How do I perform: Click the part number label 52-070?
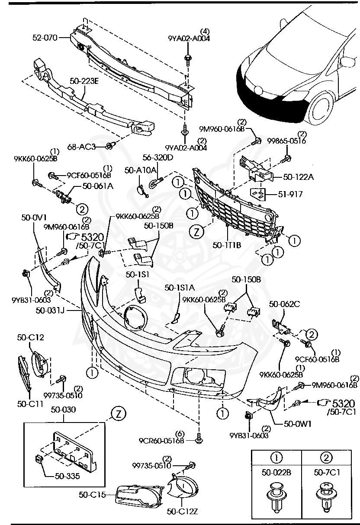point(45,38)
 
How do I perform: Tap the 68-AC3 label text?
point(81,147)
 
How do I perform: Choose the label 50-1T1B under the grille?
point(227,245)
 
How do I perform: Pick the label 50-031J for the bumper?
point(50,310)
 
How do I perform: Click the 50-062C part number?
point(284,304)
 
